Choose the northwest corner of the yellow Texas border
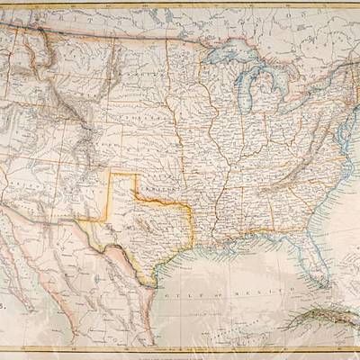pos(112,173)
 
